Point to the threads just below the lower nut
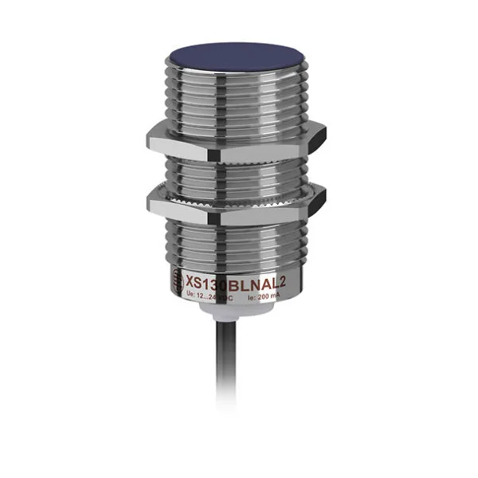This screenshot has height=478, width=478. coord(239,235)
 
